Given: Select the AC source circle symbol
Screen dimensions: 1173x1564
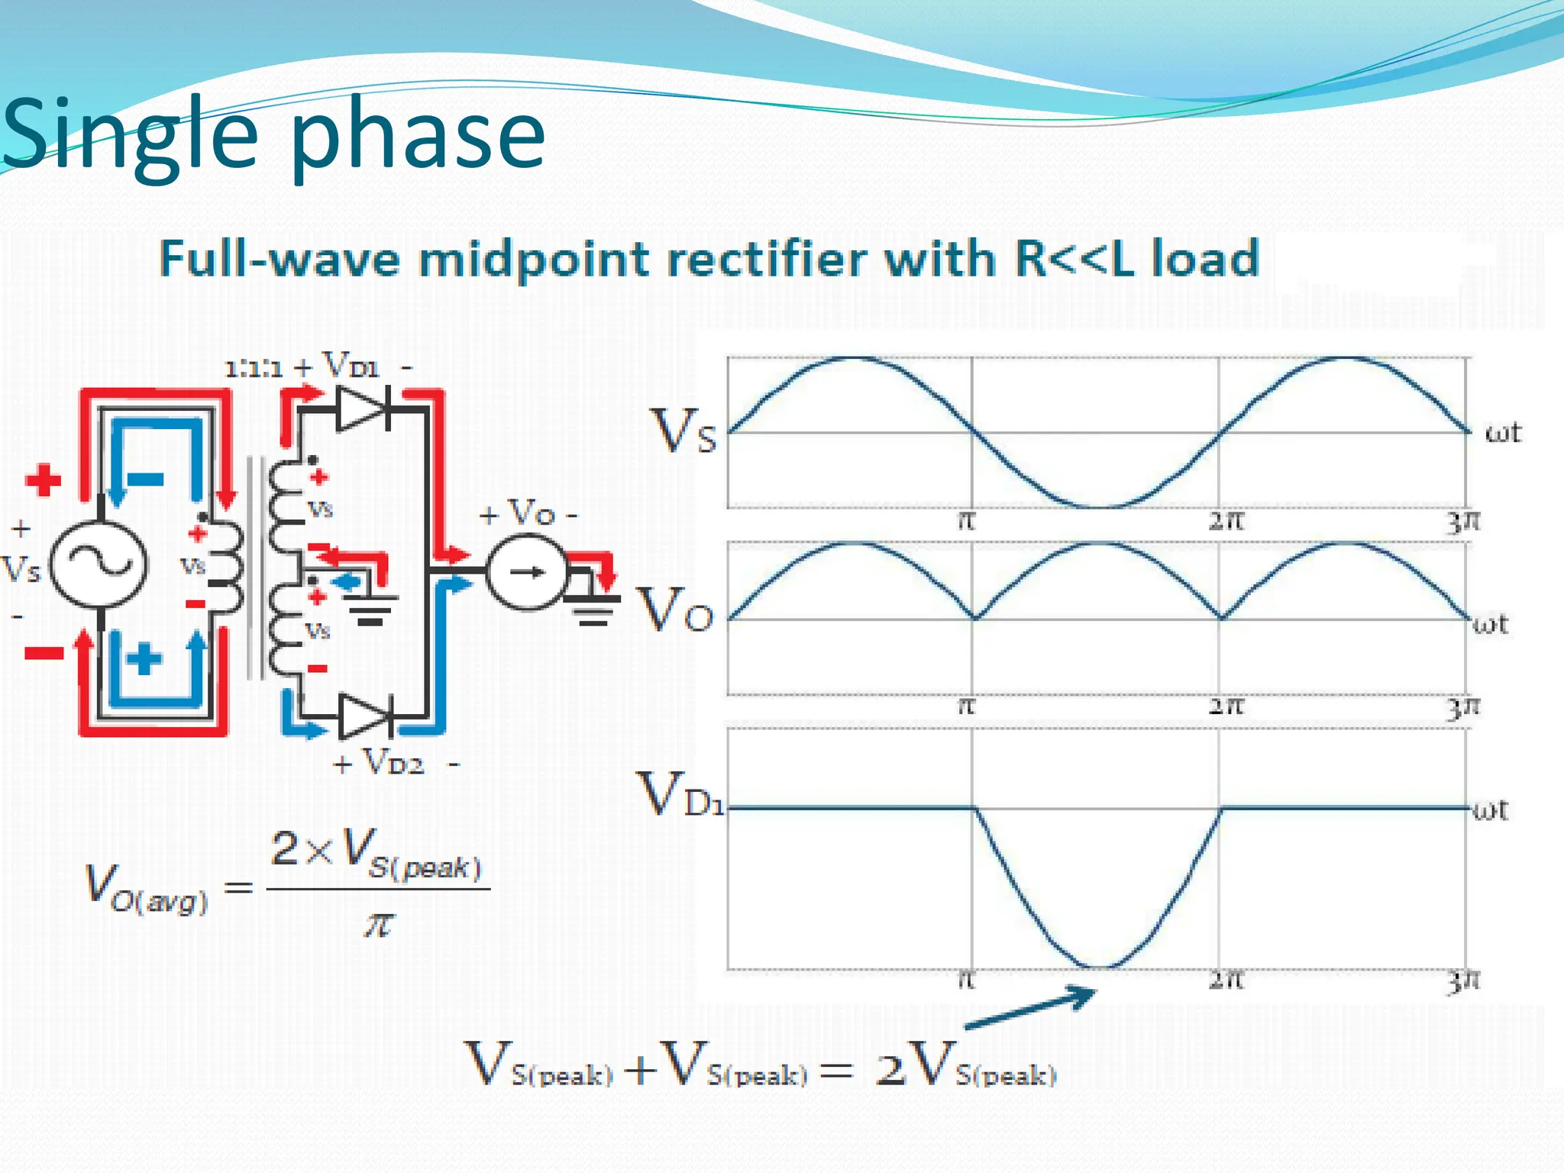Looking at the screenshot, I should coord(99,565).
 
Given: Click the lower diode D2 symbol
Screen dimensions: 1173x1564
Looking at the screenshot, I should coord(366,716).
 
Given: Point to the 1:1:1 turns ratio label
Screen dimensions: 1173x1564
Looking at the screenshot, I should coord(254,370).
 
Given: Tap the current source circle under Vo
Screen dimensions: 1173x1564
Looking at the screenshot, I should coord(528,572).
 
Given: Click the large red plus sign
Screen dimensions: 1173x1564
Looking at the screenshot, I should coord(43,480).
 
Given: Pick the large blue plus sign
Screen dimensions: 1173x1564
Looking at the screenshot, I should coord(144,658).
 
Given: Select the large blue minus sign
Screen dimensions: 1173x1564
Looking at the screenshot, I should coord(145,480).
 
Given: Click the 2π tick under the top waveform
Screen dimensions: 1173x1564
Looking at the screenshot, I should coord(1226,522).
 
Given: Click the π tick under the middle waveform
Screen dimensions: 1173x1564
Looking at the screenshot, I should coord(967,706).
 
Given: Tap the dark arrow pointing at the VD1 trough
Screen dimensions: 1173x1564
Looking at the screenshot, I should coord(1031,1008).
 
